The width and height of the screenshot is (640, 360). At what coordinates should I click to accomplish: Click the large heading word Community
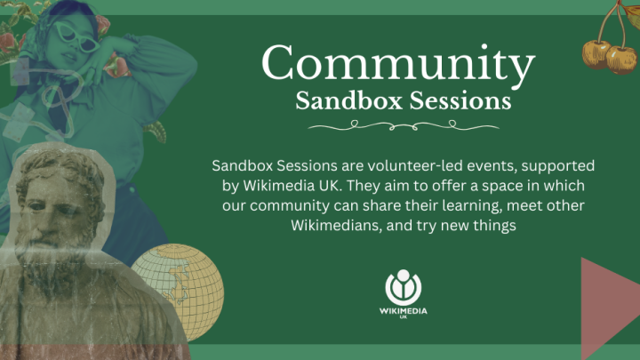click(398, 63)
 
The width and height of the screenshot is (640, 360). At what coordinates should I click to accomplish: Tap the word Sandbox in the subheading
click(349, 100)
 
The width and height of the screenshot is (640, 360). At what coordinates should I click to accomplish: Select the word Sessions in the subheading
click(460, 100)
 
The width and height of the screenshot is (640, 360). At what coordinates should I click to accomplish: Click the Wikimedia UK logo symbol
click(404, 287)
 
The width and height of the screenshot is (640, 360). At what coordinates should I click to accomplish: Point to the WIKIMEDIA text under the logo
click(404, 311)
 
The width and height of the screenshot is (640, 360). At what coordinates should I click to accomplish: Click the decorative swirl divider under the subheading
click(404, 125)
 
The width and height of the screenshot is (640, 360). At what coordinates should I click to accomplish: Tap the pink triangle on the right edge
click(611, 308)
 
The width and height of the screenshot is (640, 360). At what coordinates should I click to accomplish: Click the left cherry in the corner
click(596, 54)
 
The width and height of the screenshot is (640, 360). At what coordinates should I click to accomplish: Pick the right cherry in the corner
click(622, 60)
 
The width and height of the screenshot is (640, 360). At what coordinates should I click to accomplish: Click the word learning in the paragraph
click(472, 205)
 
